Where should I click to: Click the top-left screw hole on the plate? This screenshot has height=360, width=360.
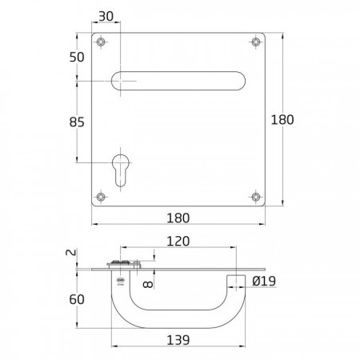[101, 42]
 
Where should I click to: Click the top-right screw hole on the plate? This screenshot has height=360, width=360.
[256, 42]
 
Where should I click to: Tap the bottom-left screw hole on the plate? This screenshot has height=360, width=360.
[101, 197]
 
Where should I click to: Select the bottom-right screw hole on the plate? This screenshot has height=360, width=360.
[256, 197]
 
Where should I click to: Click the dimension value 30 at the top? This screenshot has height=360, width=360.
[106, 17]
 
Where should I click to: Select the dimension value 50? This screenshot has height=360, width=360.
[77, 57]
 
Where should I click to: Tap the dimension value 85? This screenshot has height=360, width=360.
[77, 122]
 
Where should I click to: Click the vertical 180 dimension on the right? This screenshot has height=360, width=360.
[282, 119]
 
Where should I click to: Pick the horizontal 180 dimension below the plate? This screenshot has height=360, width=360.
[178, 218]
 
